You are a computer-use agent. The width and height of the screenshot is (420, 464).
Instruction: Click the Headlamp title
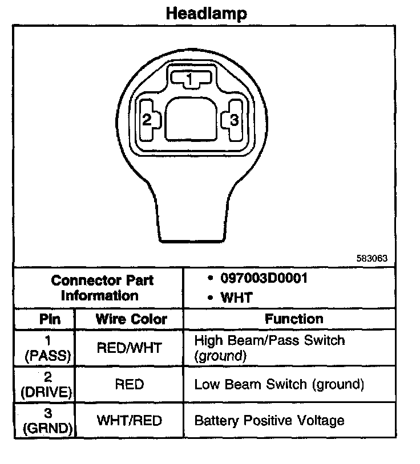pyautogui.click(x=207, y=13)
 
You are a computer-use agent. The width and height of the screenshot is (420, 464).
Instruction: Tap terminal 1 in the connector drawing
pyautogui.click(x=191, y=79)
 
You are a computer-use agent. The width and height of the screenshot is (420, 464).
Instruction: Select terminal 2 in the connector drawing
pyautogui.click(x=147, y=120)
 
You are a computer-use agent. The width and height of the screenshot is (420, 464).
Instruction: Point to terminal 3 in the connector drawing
pyautogui.click(x=234, y=120)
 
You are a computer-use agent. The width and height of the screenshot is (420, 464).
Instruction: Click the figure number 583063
pyautogui.click(x=371, y=258)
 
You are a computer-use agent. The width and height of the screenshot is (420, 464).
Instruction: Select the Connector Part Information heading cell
pyautogui.click(x=102, y=288)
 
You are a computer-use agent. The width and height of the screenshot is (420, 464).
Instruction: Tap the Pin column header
pyautogui.click(x=49, y=319)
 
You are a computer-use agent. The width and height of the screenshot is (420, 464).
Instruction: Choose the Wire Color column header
pyautogui.click(x=131, y=319)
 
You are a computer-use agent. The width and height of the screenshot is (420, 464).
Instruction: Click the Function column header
pyautogui.click(x=294, y=319)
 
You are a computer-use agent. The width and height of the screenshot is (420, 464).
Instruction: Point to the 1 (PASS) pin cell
pyautogui.click(x=48, y=348)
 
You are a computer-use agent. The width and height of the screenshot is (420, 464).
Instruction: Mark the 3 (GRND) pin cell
pyautogui.click(x=48, y=421)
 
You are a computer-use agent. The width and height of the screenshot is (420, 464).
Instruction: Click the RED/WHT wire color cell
pyautogui.click(x=130, y=348)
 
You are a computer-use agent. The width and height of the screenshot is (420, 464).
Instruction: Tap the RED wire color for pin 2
pyautogui.click(x=129, y=384)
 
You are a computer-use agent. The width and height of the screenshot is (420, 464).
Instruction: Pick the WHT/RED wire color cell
pyautogui.click(x=130, y=421)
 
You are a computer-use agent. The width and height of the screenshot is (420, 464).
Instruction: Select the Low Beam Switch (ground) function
pyautogui.click(x=279, y=384)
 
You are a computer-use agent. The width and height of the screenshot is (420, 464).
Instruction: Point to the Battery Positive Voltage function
pyautogui.click(x=269, y=421)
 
